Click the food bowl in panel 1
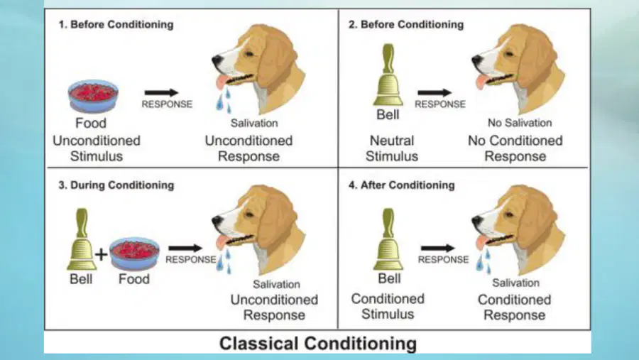pos(93,96)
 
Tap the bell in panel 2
pos(388,75)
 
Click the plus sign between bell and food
pos(101,254)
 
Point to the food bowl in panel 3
pos(134,253)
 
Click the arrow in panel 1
pos(161,92)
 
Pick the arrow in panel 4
pos(438,248)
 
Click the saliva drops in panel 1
pos(224,100)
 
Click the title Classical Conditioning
pos(318,343)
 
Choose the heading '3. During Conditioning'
pos(116,185)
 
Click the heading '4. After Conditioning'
pos(401,185)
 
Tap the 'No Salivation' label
pos(520,123)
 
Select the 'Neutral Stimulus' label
pos(392,148)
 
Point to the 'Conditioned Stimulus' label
pos(388,306)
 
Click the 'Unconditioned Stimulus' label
pos(97,148)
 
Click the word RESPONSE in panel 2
pos(439,104)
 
